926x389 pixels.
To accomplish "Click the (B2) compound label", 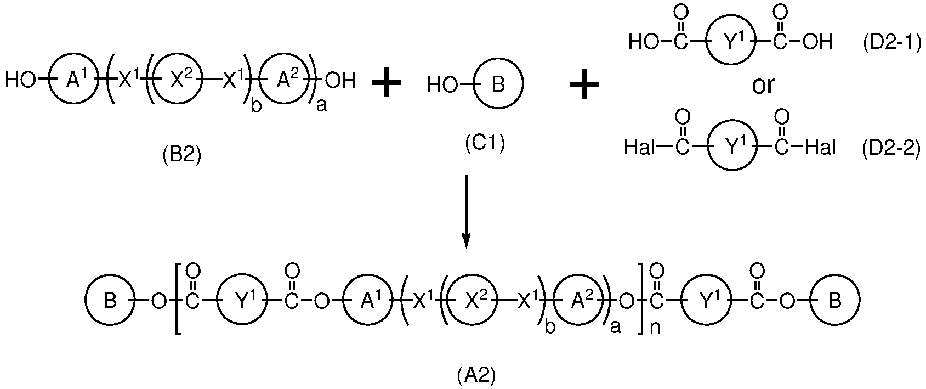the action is [181, 156].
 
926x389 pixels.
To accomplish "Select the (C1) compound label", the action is [485, 144].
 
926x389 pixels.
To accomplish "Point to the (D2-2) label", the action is [891, 148].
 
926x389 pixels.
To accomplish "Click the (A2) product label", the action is [476, 376].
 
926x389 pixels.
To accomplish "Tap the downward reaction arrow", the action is [467, 212].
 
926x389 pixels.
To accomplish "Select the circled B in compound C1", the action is [498, 83].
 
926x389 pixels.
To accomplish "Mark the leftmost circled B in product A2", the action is [110, 300].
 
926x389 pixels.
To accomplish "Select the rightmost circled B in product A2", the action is [834, 300].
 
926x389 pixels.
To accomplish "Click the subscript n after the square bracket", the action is [655, 327].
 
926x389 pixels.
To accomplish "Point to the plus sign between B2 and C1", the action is [387, 83].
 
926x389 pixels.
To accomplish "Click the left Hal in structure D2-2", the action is [639, 147].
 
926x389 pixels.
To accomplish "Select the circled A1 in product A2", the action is [367, 300].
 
